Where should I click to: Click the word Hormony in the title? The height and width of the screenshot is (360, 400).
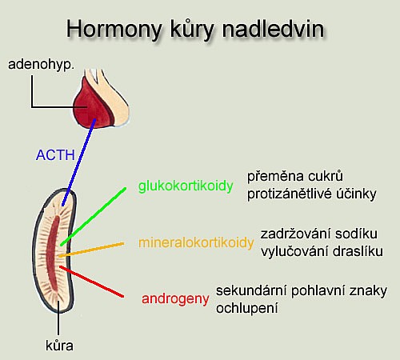click(x=114, y=30)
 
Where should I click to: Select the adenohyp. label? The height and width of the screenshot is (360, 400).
click(x=41, y=65)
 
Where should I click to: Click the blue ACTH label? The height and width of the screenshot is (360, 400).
click(x=55, y=155)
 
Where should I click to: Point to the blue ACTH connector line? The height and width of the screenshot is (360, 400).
click(x=78, y=162)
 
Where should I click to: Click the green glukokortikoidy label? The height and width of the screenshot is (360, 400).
click(x=186, y=186)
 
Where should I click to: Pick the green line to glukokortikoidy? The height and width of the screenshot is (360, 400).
click(x=93, y=216)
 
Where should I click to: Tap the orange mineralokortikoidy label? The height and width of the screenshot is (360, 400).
click(x=196, y=243)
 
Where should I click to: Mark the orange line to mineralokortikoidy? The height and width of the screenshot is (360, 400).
click(x=91, y=250)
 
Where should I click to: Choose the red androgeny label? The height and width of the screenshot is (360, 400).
click(x=175, y=299)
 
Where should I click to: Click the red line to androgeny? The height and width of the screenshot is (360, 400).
click(x=91, y=281)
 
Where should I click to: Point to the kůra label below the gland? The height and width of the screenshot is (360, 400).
click(x=59, y=346)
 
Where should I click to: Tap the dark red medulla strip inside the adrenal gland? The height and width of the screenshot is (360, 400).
click(x=53, y=254)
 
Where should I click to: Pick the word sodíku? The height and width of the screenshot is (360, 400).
click(x=356, y=234)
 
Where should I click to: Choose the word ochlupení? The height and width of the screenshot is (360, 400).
click(x=247, y=309)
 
